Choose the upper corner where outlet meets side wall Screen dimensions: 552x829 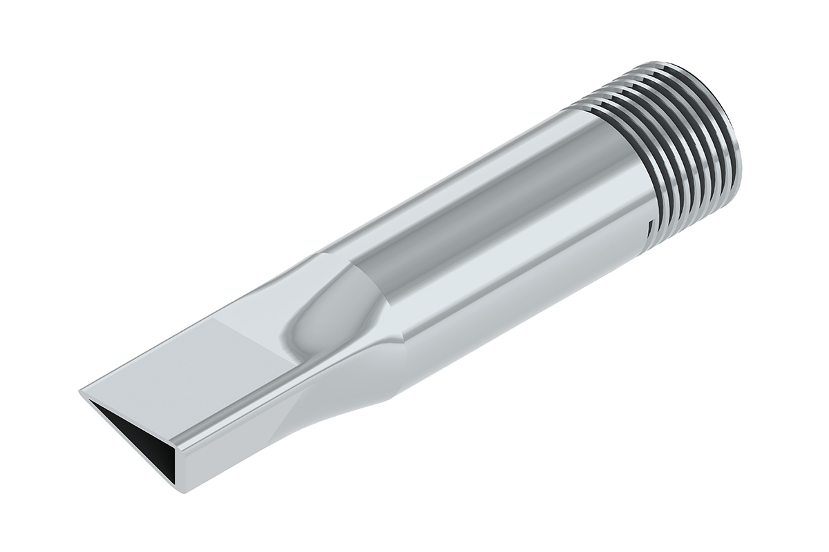pyautogui.click(x=177, y=445)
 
